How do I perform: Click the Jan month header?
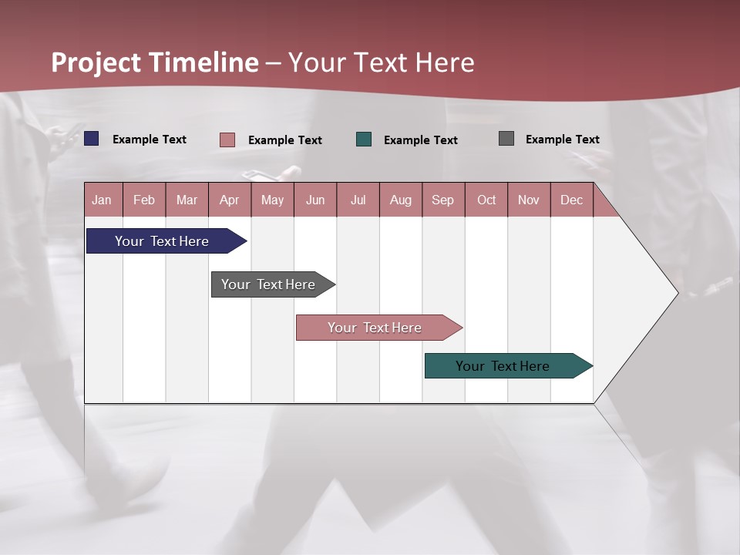[x=102, y=200]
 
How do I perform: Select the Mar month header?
[x=187, y=200]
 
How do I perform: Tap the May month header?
[x=272, y=200]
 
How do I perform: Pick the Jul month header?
[x=358, y=200]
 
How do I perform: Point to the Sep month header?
[x=442, y=200]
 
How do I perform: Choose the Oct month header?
[x=486, y=200]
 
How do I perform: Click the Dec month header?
[x=571, y=200]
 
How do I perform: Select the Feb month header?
[x=144, y=200]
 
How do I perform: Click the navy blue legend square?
[x=92, y=139]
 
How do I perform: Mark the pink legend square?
[x=227, y=140]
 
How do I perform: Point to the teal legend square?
[x=364, y=140]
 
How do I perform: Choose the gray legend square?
[x=506, y=139]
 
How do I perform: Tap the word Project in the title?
[x=96, y=62]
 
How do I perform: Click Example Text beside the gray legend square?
[x=562, y=140]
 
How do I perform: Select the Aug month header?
[x=400, y=200]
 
